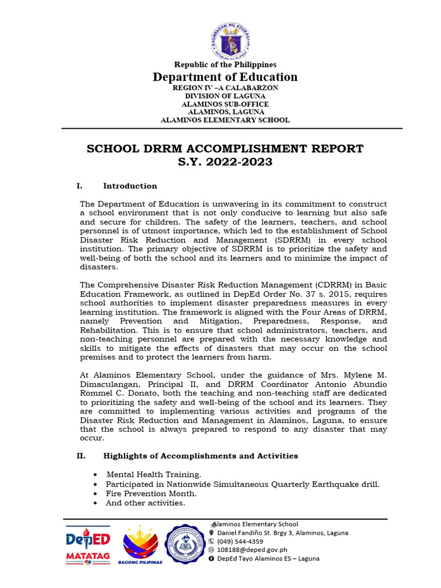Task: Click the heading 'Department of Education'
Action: click(x=225, y=77)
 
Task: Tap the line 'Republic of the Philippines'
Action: click(x=225, y=65)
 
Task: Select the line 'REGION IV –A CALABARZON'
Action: click(x=225, y=88)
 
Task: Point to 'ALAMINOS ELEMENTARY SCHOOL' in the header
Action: click(x=225, y=120)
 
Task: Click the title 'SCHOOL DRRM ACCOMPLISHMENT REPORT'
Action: click(x=225, y=149)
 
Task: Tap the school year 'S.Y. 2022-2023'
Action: click(x=225, y=163)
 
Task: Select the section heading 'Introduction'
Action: click(x=130, y=186)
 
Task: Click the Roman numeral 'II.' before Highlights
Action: click(x=81, y=456)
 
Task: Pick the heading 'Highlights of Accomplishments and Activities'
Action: click(x=200, y=456)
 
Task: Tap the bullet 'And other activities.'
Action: click(x=145, y=503)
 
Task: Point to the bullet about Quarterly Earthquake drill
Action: click(x=242, y=484)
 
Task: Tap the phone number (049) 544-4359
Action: click(x=240, y=541)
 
